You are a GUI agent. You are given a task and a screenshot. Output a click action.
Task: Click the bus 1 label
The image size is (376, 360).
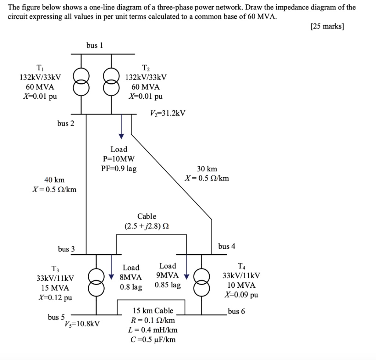94,45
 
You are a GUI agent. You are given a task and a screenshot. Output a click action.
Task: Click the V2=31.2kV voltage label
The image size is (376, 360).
167,113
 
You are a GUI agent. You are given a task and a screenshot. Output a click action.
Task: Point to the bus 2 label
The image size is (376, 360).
66,123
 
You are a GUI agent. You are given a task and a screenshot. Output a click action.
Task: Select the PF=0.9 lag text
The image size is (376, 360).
119,169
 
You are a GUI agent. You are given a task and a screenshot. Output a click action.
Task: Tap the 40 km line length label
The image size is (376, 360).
54,180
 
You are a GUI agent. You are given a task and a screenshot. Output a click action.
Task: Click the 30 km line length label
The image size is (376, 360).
207,169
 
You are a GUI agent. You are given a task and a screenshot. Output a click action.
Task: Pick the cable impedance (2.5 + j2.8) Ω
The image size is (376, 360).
147,226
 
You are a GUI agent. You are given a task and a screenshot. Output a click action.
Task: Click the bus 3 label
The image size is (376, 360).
66,249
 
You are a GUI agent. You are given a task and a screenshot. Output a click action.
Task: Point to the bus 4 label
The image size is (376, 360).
227,246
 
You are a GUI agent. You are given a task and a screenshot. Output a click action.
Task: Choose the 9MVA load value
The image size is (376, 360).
167,275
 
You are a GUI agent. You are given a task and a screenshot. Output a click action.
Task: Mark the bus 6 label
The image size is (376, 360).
236,312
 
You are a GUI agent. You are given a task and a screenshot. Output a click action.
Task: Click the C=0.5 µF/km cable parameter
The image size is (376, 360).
153,339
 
